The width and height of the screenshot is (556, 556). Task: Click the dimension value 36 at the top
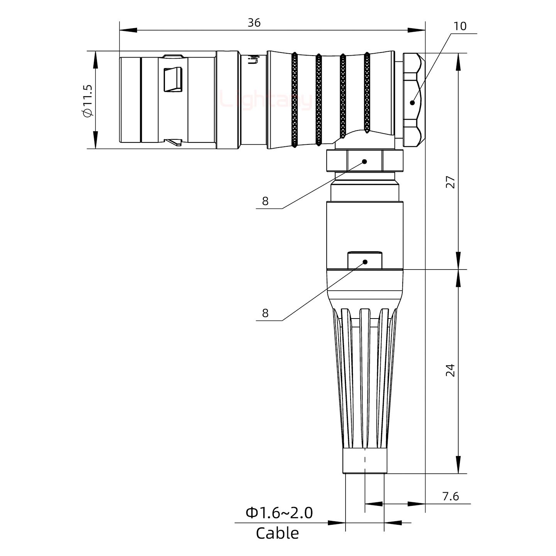(x=254, y=23)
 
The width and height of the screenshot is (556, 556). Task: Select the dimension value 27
(x=450, y=181)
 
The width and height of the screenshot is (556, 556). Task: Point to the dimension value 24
(x=450, y=370)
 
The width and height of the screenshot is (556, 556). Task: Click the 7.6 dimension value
(x=450, y=496)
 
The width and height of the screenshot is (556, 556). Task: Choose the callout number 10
(x=459, y=26)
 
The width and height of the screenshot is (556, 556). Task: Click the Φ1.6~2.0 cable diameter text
(x=279, y=513)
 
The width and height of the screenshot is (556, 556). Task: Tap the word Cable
(x=277, y=533)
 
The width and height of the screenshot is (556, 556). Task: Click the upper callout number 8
(x=265, y=201)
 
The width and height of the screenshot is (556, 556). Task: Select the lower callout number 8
(x=265, y=313)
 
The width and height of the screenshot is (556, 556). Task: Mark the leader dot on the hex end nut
(x=412, y=103)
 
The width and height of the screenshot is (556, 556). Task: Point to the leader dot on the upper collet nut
(x=364, y=161)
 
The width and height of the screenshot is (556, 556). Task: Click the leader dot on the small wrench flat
(x=365, y=262)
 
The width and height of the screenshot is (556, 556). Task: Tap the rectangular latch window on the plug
(x=173, y=80)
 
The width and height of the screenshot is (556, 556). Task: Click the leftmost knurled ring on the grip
(x=295, y=100)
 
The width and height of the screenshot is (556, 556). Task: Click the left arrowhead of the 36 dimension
(x=127, y=30)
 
